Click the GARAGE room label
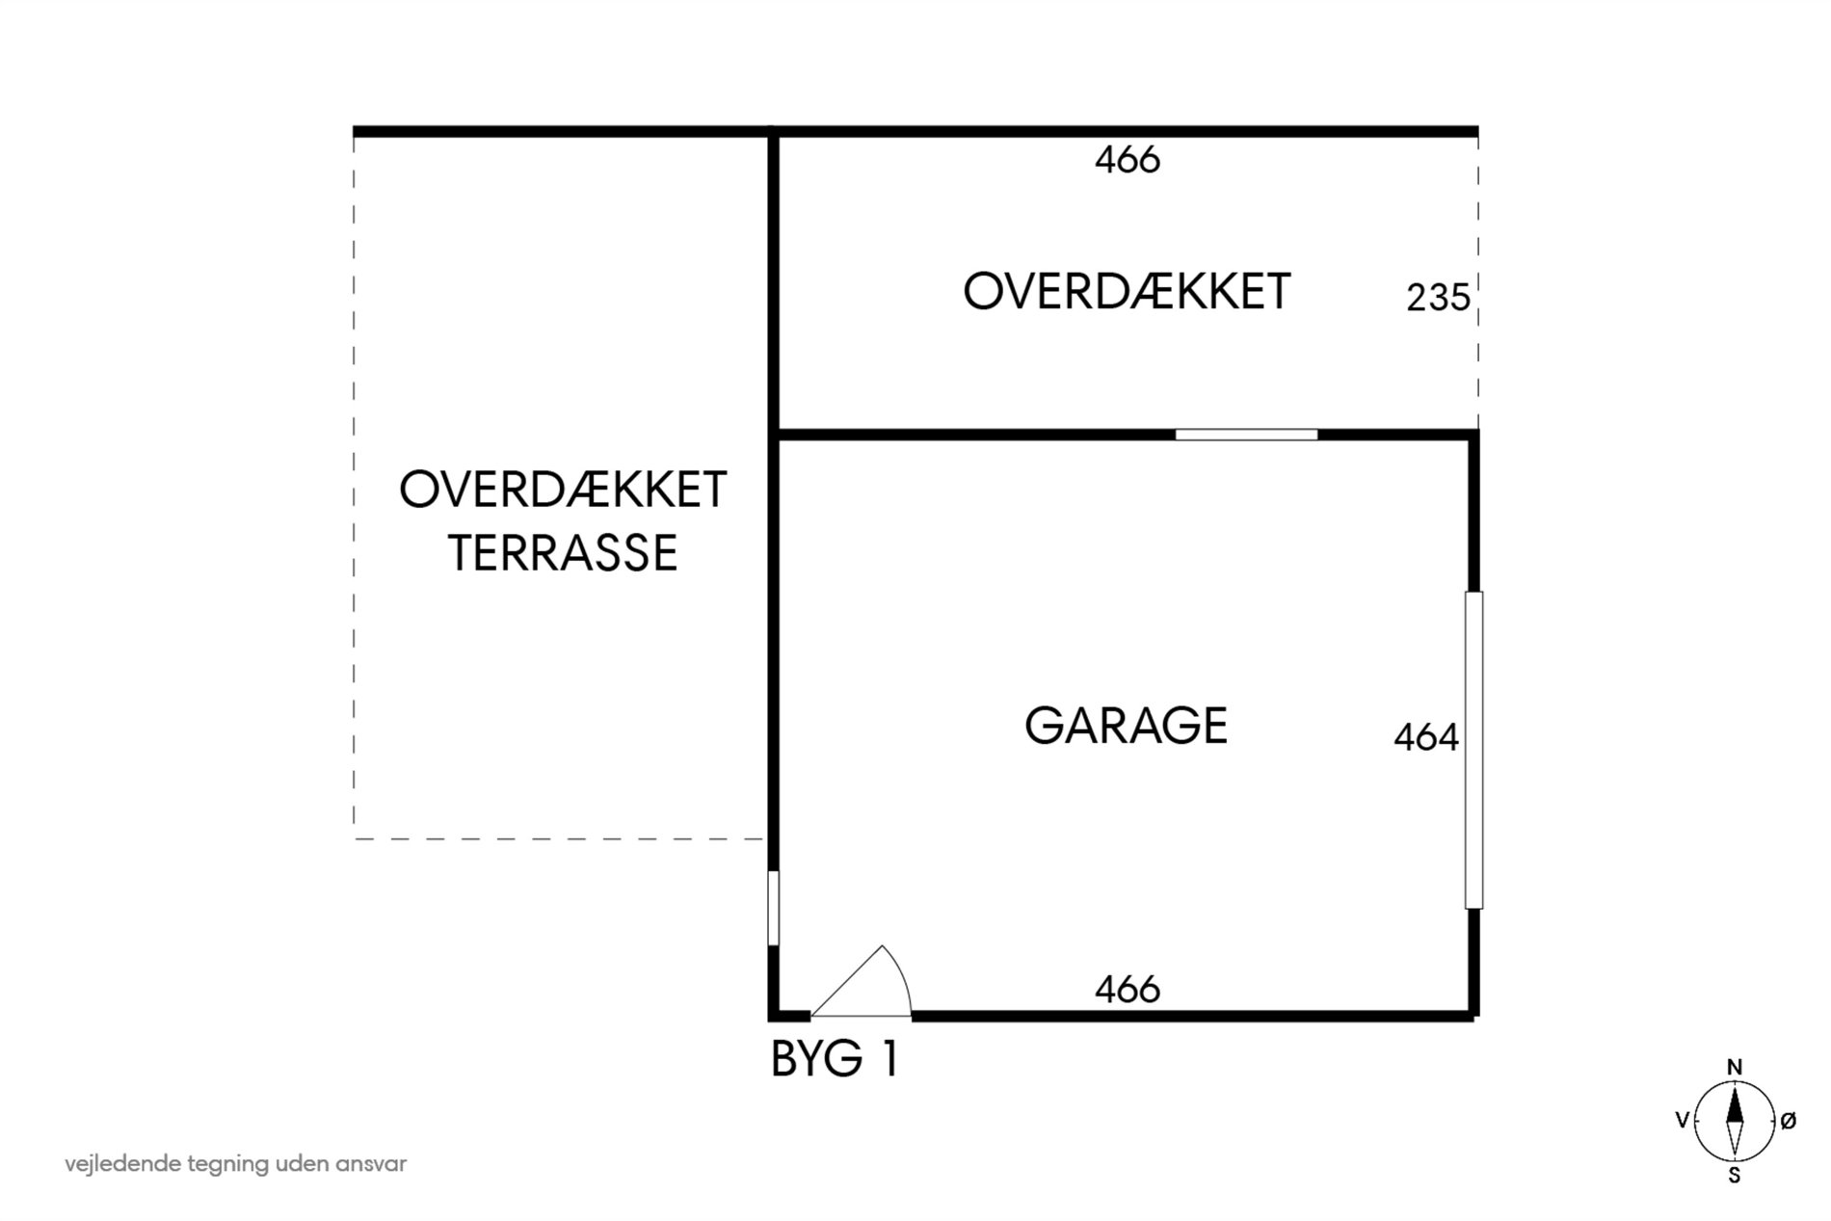tap(1126, 726)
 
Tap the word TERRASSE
tap(563, 553)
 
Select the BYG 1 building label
tap(835, 1059)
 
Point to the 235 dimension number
tap(1438, 298)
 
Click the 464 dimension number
tap(1426, 737)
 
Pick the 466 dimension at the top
tap(1128, 160)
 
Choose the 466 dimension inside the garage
tap(1128, 989)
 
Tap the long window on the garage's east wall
tap(1473, 750)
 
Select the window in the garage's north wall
tap(1246, 435)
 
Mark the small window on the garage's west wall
tap(773, 908)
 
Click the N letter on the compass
tap(1735, 1067)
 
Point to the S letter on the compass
tap(1735, 1175)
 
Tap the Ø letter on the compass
tap(1788, 1121)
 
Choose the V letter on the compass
tap(1683, 1121)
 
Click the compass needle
tap(1735, 1121)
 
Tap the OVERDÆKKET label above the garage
tap(1127, 291)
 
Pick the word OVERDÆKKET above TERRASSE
tap(563, 490)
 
